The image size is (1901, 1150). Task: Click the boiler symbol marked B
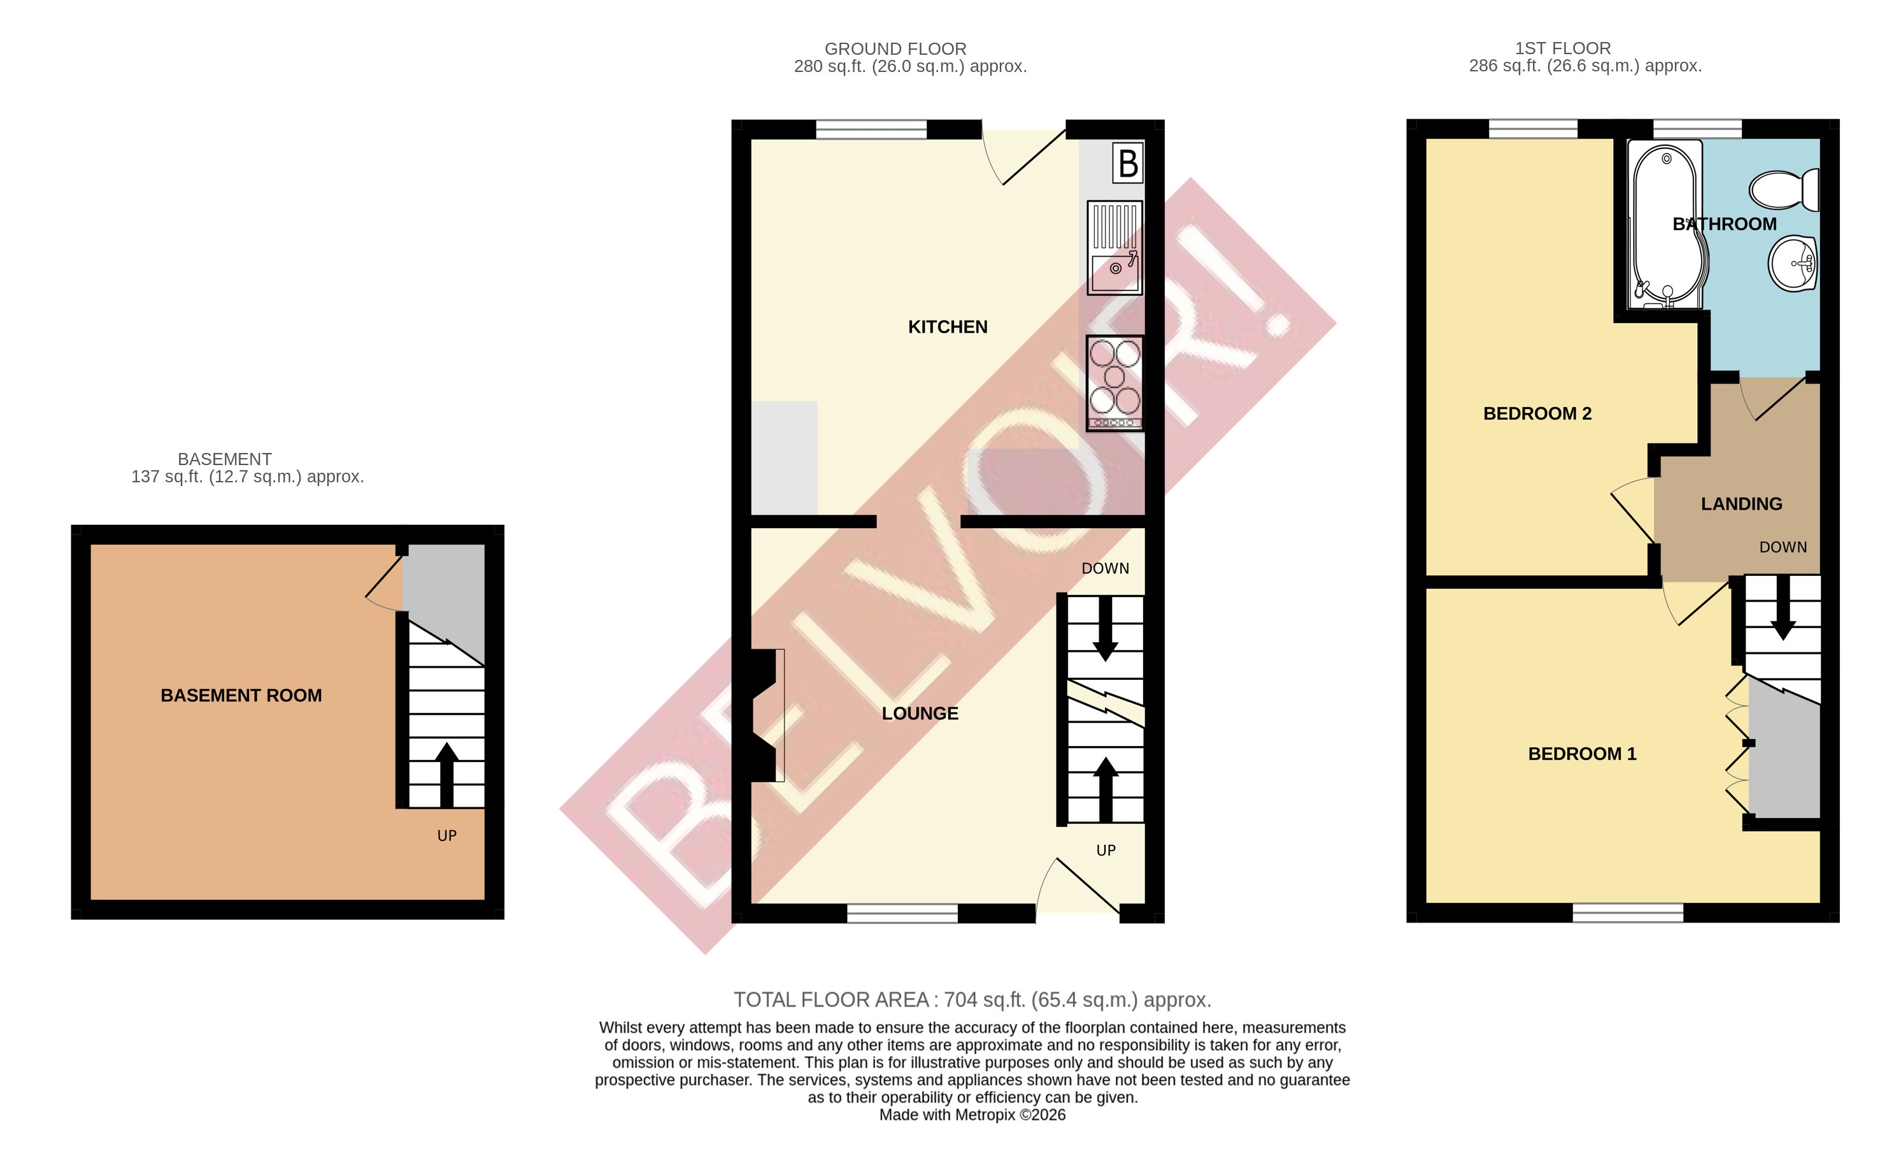[x=1127, y=163]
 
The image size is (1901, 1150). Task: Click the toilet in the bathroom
[x=1783, y=190]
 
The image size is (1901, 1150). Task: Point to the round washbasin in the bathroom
[x=1792, y=263]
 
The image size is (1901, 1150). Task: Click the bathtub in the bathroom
[x=1667, y=224]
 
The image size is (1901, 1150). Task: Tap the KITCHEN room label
[x=948, y=327]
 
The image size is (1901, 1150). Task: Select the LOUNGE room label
[x=920, y=714]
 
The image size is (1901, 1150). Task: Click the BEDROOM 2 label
[x=1537, y=413]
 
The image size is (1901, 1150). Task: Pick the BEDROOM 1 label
[x=1581, y=754]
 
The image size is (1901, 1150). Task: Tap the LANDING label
[x=1741, y=504]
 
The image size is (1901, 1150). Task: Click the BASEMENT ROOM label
[x=241, y=695]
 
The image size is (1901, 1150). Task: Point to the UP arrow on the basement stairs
[x=446, y=772]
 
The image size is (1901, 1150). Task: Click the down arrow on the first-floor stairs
[x=1782, y=610]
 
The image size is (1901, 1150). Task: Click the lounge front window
[x=902, y=914]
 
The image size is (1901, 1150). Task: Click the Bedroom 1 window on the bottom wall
[x=1628, y=913]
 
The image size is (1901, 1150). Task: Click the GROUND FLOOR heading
[x=895, y=48]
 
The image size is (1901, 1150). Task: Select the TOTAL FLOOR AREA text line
[x=972, y=1000]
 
